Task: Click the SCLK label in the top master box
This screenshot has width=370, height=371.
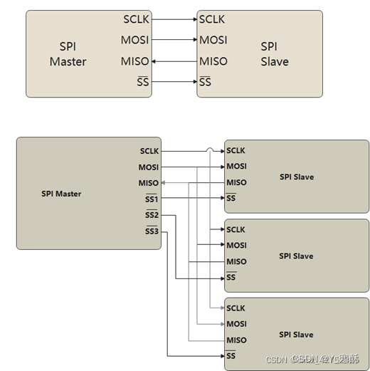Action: [136, 19]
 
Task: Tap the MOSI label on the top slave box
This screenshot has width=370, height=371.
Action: [213, 40]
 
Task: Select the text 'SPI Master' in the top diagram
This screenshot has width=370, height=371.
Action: [68, 54]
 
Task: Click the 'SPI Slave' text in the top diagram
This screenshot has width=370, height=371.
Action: [274, 54]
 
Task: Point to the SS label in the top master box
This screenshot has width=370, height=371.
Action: [143, 82]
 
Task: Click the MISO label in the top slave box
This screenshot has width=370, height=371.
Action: [213, 61]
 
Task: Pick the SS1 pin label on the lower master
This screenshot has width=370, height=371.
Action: [152, 199]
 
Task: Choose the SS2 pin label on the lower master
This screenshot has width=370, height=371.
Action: [152, 215]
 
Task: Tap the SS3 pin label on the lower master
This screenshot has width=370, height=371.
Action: [152, 231]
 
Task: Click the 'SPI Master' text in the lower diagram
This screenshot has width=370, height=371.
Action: [61, 194]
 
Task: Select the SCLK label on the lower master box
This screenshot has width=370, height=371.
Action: [149, 151]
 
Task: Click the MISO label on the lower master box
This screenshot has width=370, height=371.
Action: [149, 183]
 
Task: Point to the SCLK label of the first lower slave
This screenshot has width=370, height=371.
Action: [236, 150]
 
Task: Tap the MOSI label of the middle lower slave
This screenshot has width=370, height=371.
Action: [236, 246]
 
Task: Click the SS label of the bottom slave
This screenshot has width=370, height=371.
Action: [231, 355]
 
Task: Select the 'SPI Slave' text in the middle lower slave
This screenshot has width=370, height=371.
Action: [296, 256]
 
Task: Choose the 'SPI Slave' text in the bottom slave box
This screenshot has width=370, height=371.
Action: [296, 335]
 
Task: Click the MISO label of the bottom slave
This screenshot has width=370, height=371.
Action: [236, 340]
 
